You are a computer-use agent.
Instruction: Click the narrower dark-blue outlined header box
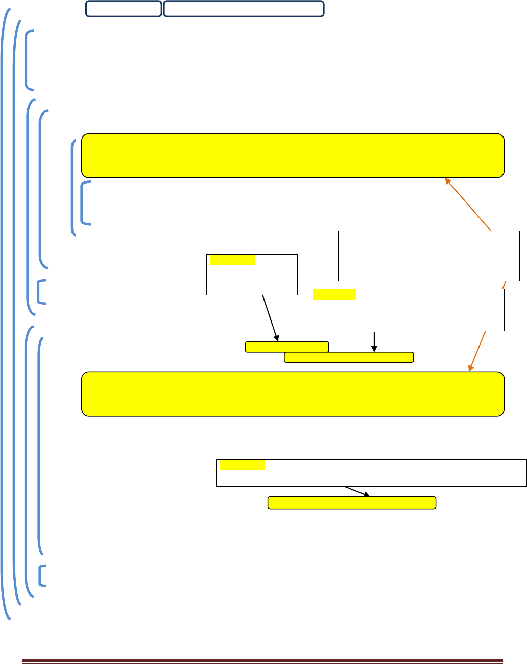point(124,9)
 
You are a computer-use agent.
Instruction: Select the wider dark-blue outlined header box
point(244,9)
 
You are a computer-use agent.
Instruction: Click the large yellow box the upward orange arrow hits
point(293,155)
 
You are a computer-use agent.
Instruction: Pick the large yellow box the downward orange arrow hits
point(293,394)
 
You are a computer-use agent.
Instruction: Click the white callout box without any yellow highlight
point(428,256)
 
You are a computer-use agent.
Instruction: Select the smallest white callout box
point(251,274)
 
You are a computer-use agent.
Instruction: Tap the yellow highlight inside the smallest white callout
point(232,260)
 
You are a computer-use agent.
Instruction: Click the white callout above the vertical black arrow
point(406,310)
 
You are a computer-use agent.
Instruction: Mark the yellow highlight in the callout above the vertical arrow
point(334,294)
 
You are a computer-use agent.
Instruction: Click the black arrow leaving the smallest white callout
point(270,317)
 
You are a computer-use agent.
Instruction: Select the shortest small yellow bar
point(286,347)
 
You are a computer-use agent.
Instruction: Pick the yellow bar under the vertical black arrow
point(348,357)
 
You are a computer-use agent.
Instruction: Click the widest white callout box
point(371,472)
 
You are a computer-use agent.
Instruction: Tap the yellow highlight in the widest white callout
point(242,465)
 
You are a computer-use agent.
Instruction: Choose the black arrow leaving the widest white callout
point(357,491)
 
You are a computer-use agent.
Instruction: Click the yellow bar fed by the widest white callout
point(352,502)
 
